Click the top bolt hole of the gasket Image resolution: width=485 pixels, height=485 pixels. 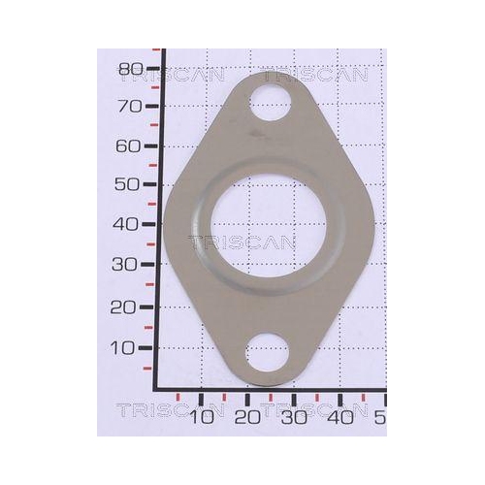pos(271,103)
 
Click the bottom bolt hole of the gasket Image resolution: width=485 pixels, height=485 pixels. pos(267,353)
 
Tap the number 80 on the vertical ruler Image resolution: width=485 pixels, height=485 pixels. pos(131,69)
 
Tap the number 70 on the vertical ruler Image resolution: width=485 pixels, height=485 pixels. pos(130,106)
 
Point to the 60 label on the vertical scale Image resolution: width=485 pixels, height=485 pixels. pos(128,146)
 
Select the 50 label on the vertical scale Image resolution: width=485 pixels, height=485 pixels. pos(127,184)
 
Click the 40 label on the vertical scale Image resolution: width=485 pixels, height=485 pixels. pos(125,224)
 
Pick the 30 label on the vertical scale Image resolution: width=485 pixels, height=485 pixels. pos(124,265)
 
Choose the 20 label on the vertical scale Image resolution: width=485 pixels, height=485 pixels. pos(123,307)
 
